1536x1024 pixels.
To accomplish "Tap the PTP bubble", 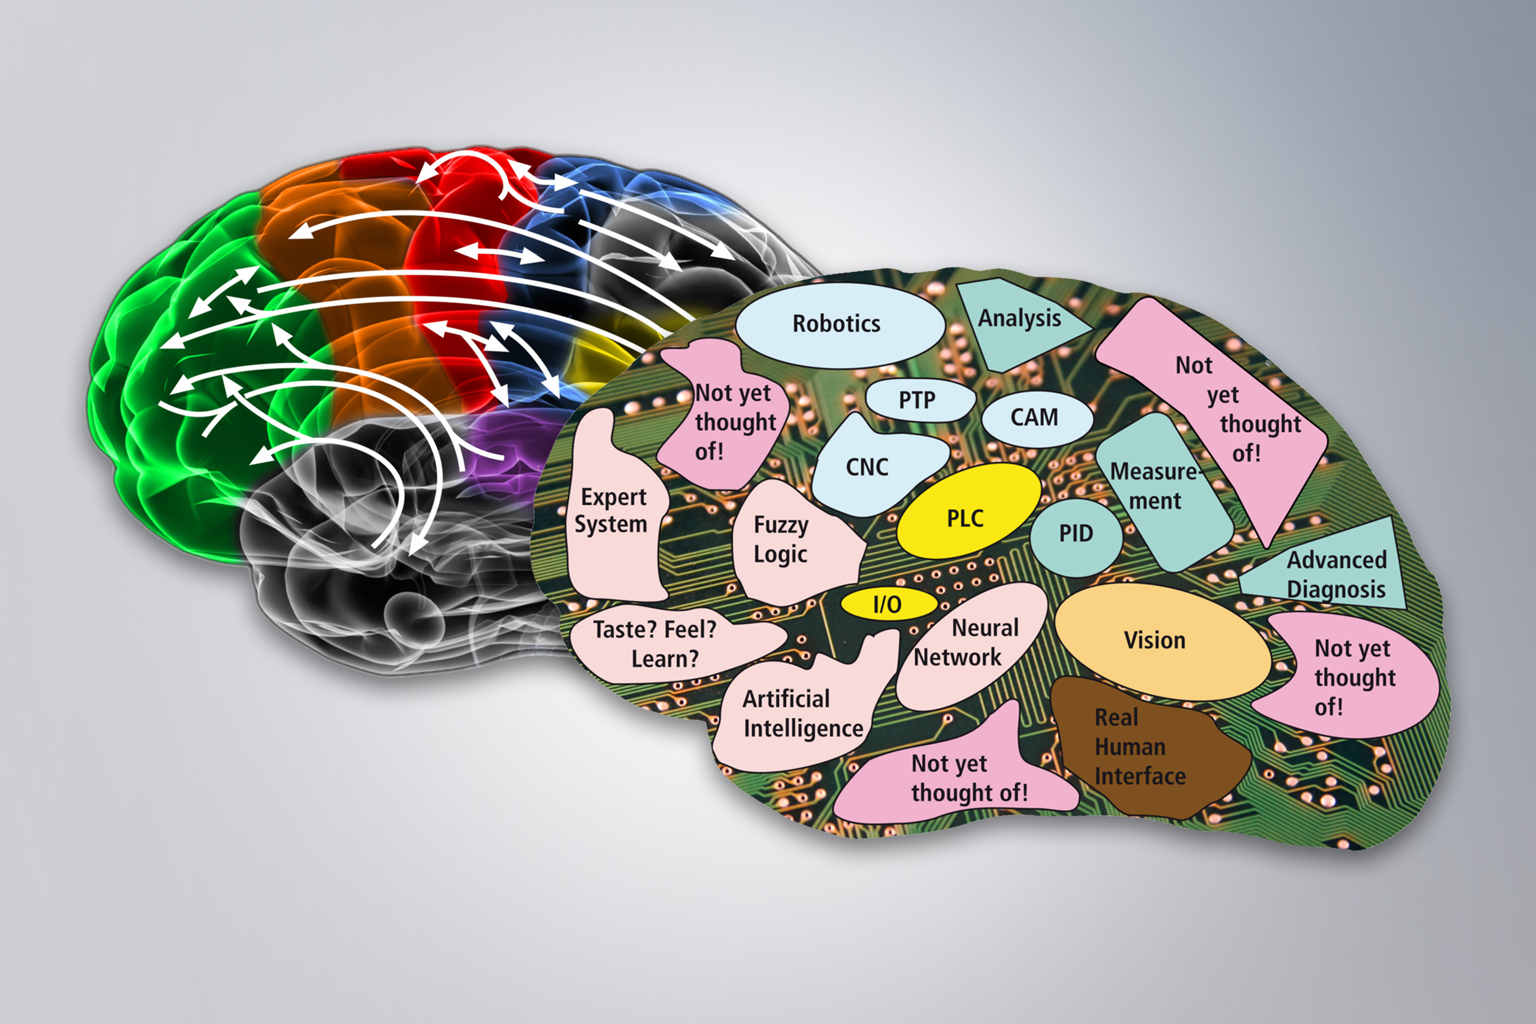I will (917, 399).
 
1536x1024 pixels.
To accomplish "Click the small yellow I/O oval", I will (887, 604).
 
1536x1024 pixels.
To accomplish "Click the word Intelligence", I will (803, 728).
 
